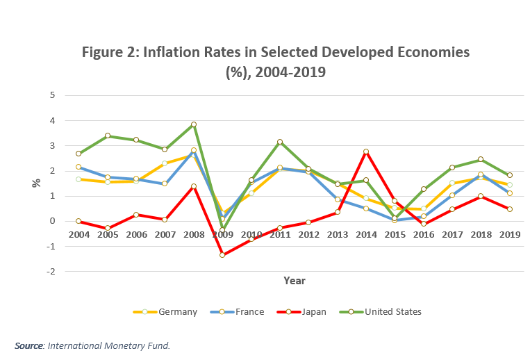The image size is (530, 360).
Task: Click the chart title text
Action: click(276, 61)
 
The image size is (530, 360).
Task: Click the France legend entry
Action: click(240, 312)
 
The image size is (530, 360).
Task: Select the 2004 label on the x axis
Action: click(78, 234)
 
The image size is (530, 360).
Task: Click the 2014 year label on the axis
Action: click(365, 234)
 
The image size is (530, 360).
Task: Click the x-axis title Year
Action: click(294, 281)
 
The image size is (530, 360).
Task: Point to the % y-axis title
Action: click(36, 183)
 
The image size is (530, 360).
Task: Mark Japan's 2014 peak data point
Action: click(365, 152)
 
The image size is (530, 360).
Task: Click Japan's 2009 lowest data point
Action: click(222, 255)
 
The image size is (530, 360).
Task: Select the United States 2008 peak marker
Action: click(194, 124)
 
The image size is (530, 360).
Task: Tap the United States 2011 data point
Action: click(280, 142)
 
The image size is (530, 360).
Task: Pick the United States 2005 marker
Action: click(108, 136)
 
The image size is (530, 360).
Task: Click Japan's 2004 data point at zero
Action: click(78, 221)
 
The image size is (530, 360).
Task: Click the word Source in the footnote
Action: click(28, 345)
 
